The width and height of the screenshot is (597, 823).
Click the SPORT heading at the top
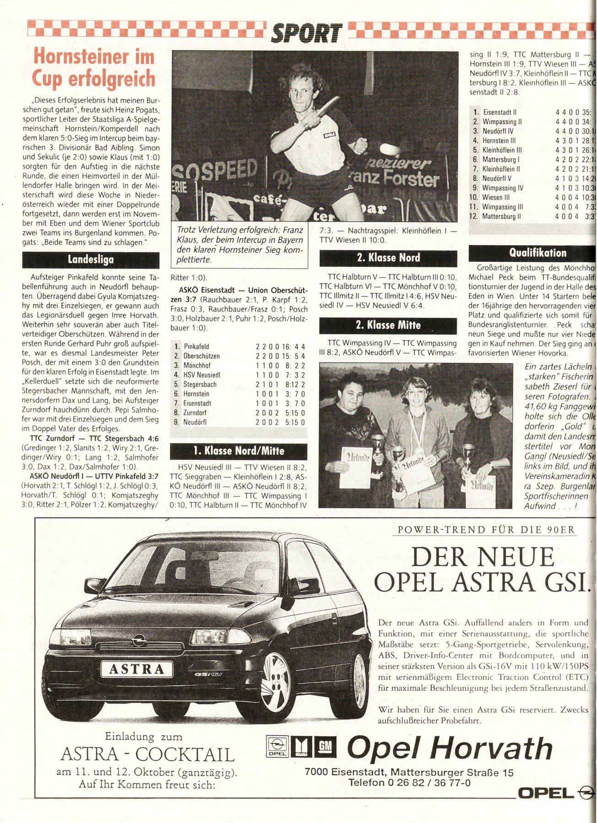[306, 33]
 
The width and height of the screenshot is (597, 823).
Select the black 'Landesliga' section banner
[91, 260]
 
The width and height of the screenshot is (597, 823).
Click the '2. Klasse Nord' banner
[388, 258]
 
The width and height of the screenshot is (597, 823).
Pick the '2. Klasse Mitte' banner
[388, 325]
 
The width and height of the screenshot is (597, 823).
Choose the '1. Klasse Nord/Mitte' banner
[238, 451]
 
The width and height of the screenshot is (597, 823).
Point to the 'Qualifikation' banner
[531, 253]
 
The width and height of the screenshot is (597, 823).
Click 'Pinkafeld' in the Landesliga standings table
[196, 347]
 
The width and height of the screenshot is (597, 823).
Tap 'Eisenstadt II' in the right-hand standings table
[499, 112]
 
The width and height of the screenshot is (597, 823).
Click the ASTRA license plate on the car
[137, 669]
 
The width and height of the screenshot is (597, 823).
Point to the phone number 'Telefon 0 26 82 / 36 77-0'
[409, 782]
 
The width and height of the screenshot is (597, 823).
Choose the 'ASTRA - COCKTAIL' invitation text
[147, 754]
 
